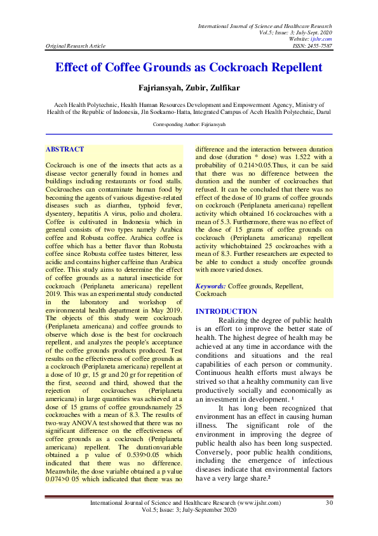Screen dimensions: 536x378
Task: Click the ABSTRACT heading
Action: pos(65,149)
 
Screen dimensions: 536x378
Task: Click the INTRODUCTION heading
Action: pos(226,311)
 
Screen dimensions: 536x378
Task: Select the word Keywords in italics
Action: pos(211,286)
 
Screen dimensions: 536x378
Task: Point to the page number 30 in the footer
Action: pos(328,504)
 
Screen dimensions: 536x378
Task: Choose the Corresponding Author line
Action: pos(189,125)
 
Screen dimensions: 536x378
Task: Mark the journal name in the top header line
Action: pos(265,25)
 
